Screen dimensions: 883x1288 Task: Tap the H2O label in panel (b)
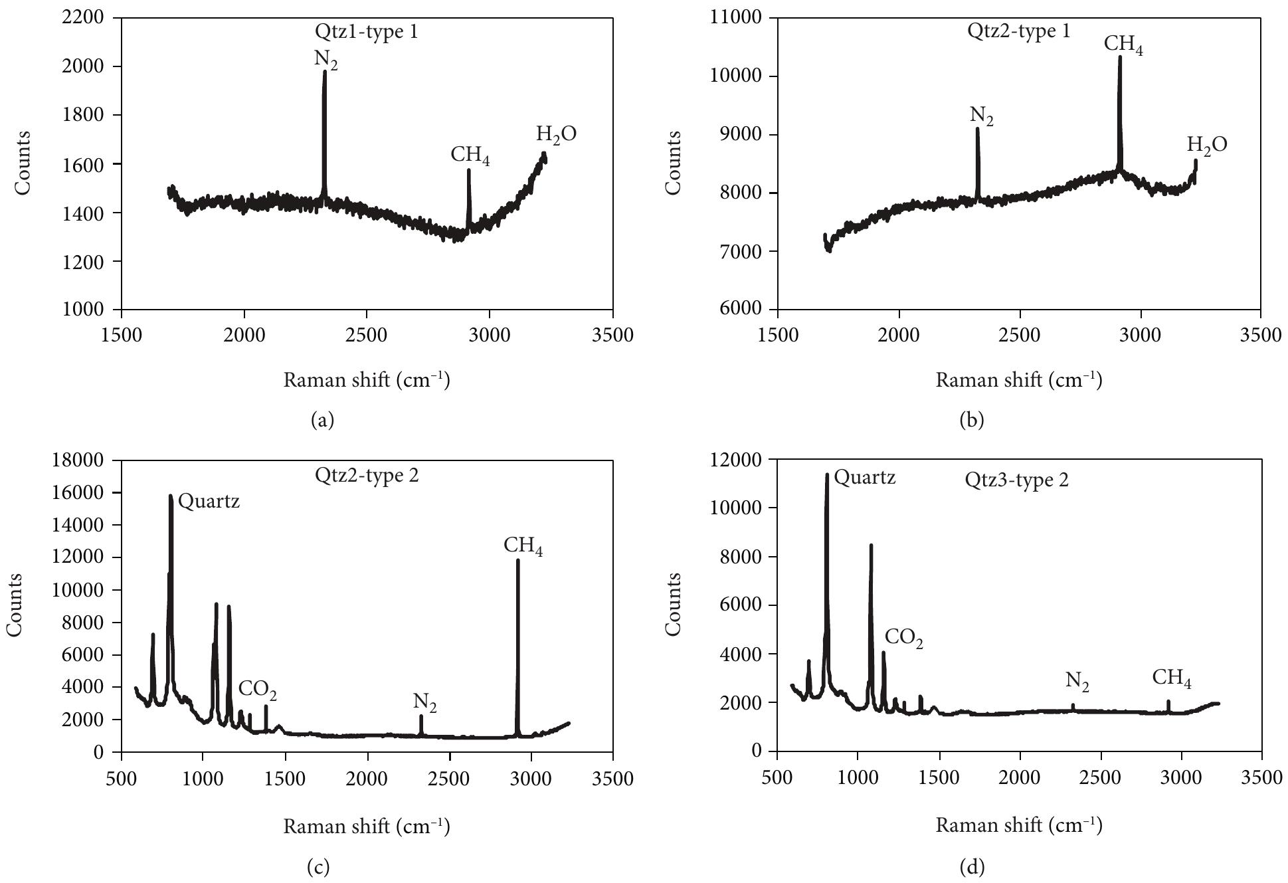[x=1207, y=145]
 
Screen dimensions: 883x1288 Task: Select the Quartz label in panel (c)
[x=209, y=502]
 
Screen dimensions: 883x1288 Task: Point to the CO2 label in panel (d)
[x=904, y=638]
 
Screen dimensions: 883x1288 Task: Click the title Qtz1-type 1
[x=366, y=31]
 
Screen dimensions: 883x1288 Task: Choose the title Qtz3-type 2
[x=1016, y=480]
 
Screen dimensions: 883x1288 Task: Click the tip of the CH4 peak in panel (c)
[x=517, y=560]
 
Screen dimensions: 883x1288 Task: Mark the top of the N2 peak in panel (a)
[x=325, y=72]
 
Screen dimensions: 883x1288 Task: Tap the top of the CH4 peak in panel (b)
[x=1120, y=57]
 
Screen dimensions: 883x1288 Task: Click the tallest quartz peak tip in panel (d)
[x=827, y=474]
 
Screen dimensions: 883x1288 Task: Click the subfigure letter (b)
[x=972, y=419]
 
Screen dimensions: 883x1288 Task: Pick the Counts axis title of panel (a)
[x=23, y=163]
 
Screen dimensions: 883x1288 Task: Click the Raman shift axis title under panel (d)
[x=1019, y=826]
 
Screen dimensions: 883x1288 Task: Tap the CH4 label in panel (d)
[x=1172, y=678]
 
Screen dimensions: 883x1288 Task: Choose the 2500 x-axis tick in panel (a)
[x=367, y=334]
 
